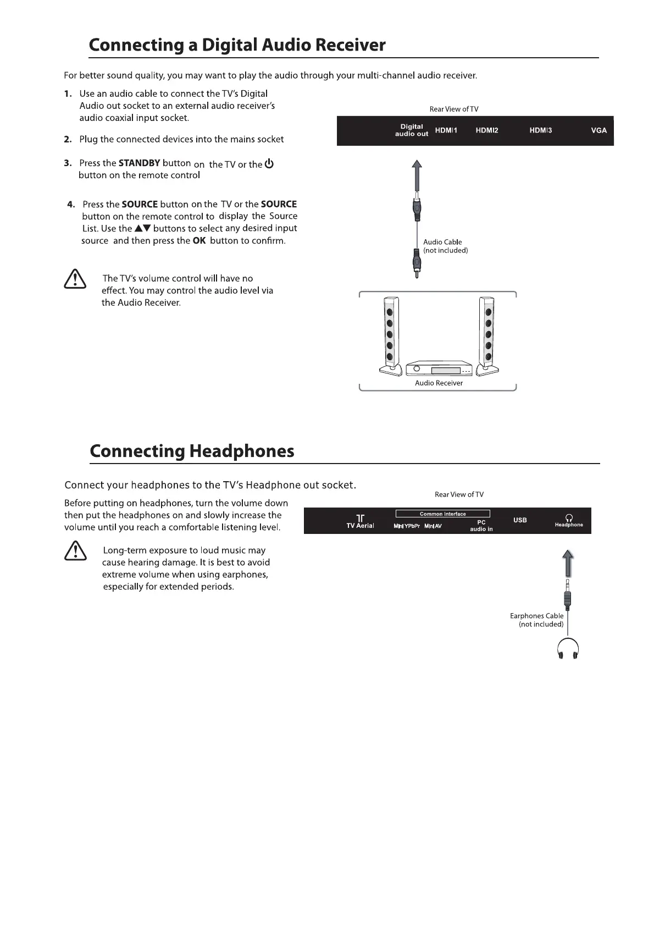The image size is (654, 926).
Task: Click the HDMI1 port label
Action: click(446, 130)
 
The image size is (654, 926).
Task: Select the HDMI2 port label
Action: click(486, 130)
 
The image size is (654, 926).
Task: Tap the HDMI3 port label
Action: click(540, 130)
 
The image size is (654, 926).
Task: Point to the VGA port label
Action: click(598, 130)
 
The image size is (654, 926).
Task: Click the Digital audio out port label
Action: click(412, 130)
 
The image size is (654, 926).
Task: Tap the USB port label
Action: click(520, 520)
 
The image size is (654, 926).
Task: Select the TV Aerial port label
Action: click(360, 522)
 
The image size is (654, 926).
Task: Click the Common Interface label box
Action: click(442, 514)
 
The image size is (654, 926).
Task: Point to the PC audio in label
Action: click(481, 526)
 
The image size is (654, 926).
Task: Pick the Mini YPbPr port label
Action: click(407, 526)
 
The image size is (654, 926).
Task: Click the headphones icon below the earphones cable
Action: click(568, 649)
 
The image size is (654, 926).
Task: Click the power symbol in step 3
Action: click(269, 164)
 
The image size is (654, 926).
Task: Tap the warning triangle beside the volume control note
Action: click(75, 279)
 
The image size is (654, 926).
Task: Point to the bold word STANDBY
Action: click(139, 163)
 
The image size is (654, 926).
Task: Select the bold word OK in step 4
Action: click(199, 241)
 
